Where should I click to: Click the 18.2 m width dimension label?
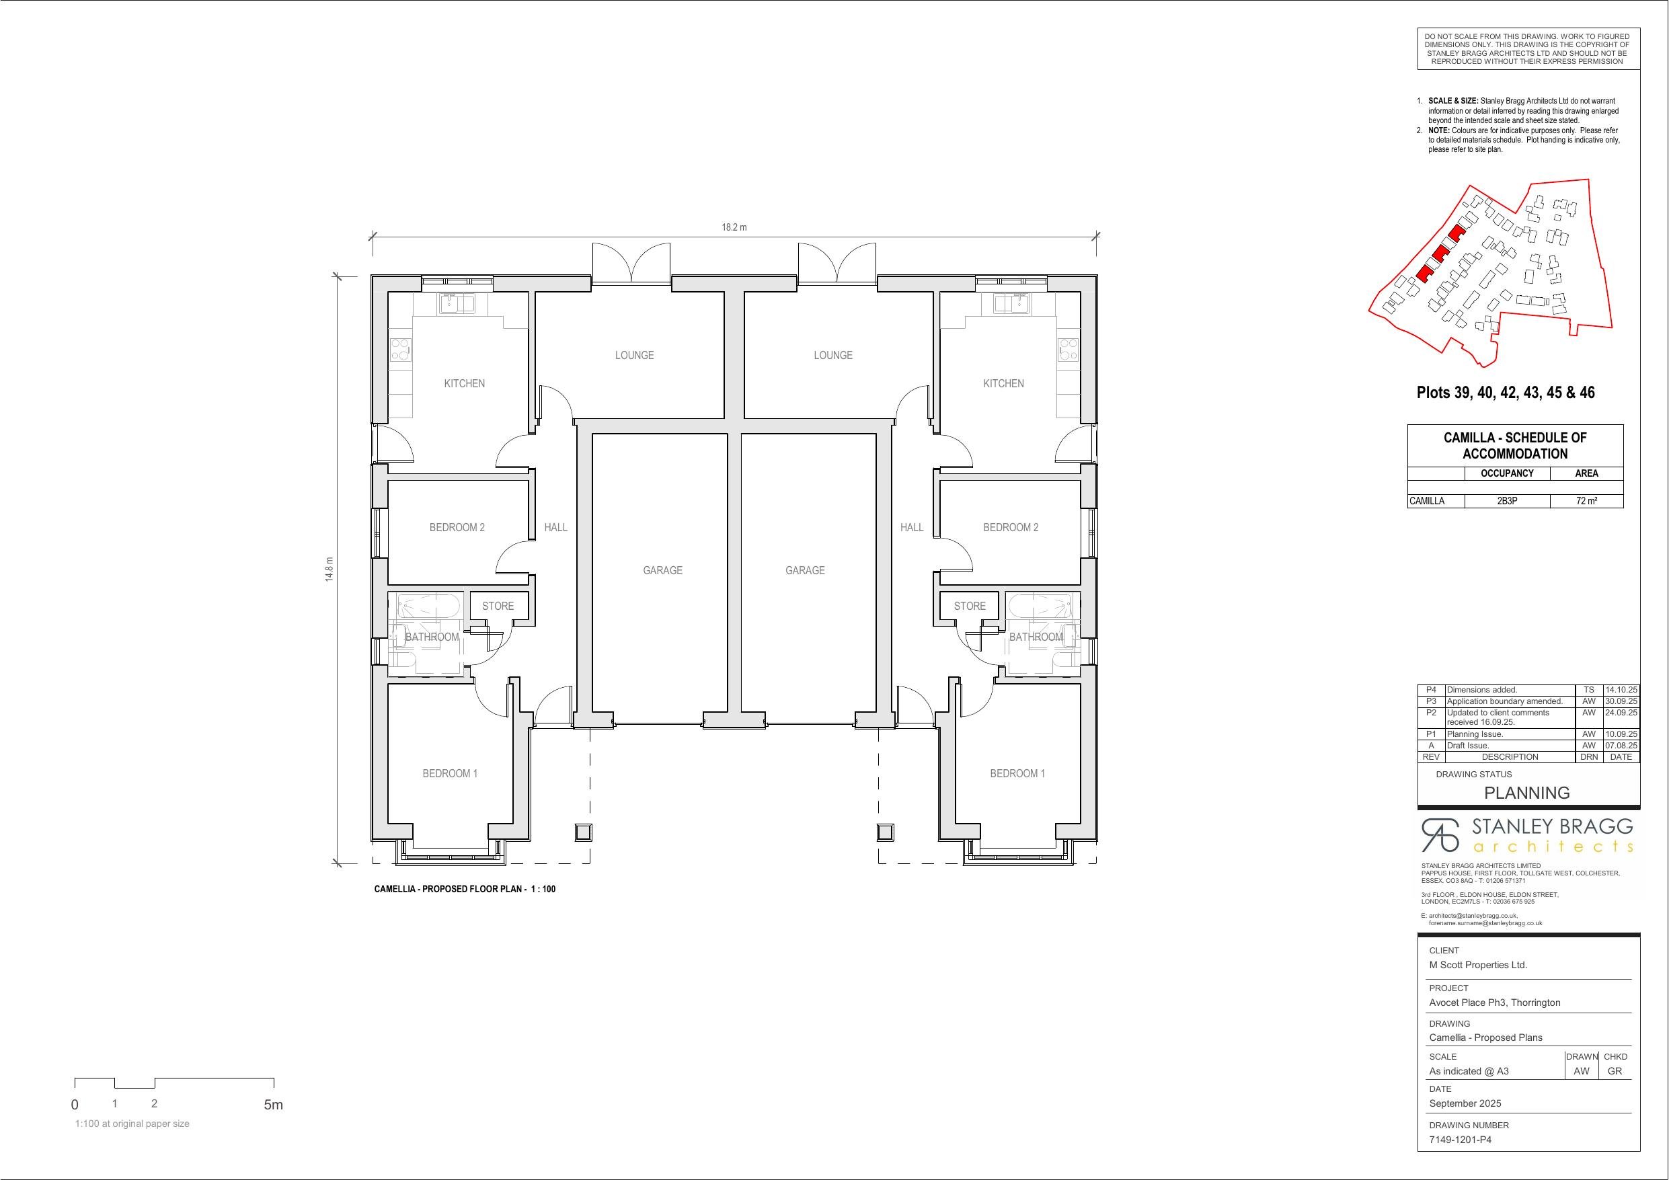(734, 227)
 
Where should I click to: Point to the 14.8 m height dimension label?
(329, 569)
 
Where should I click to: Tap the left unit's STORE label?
(498, 606)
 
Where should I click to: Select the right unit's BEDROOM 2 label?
(1011, 527)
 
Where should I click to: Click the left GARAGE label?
(663, 570)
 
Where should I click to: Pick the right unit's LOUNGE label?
(833, 355)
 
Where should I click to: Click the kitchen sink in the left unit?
(457, 303)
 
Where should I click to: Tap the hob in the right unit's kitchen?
(1068, 350)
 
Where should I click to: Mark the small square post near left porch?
(582, 832)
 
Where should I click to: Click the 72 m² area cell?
(1586, 501)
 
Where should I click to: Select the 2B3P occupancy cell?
(1507, 501)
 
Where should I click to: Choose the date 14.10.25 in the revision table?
(1621, 690)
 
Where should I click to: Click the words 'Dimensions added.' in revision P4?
(1481, 690)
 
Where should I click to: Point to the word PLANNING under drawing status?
(1526, 793)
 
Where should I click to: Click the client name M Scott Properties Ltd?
(1478, 965)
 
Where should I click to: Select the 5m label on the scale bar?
(273, 1105)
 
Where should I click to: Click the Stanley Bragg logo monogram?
(1440, 834)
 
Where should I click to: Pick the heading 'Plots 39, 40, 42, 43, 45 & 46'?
(1506, 393)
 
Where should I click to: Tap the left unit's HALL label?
(556, 527)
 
